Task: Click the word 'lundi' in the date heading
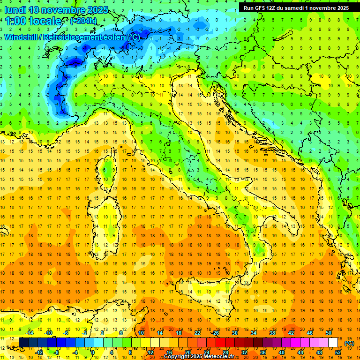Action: pyautogui.click(x=15, y=10)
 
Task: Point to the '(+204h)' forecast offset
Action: pyautogui.click(x=84, y=21)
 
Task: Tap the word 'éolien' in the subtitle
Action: pyautogui.click(x=111, y=37)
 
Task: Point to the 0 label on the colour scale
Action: pyautogui.click(x=93, y=352)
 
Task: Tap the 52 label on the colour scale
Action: pyautogui.click(x=337, y=352)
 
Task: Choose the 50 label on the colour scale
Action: pyautogui.click(x=328, y=333)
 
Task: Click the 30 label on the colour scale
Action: pyautogui.click(x=235, y=333)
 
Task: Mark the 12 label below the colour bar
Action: pyautogui.click(x=150, y=352)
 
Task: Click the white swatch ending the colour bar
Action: pyautogui.click(x=333, y=342)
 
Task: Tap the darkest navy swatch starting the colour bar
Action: pyautogui.click(x=23, y=342)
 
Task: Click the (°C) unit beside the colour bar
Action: pyautogui.click(x=349, y=343)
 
